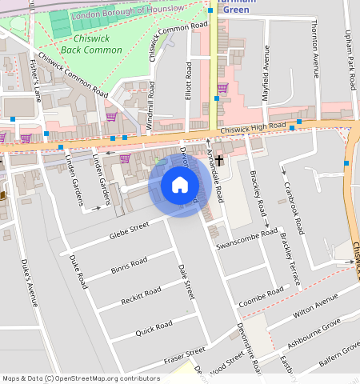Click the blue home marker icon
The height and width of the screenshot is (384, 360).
(180, 186)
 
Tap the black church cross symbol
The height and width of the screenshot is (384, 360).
(219, 162)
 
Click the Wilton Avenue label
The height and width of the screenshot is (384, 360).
(316, 306)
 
